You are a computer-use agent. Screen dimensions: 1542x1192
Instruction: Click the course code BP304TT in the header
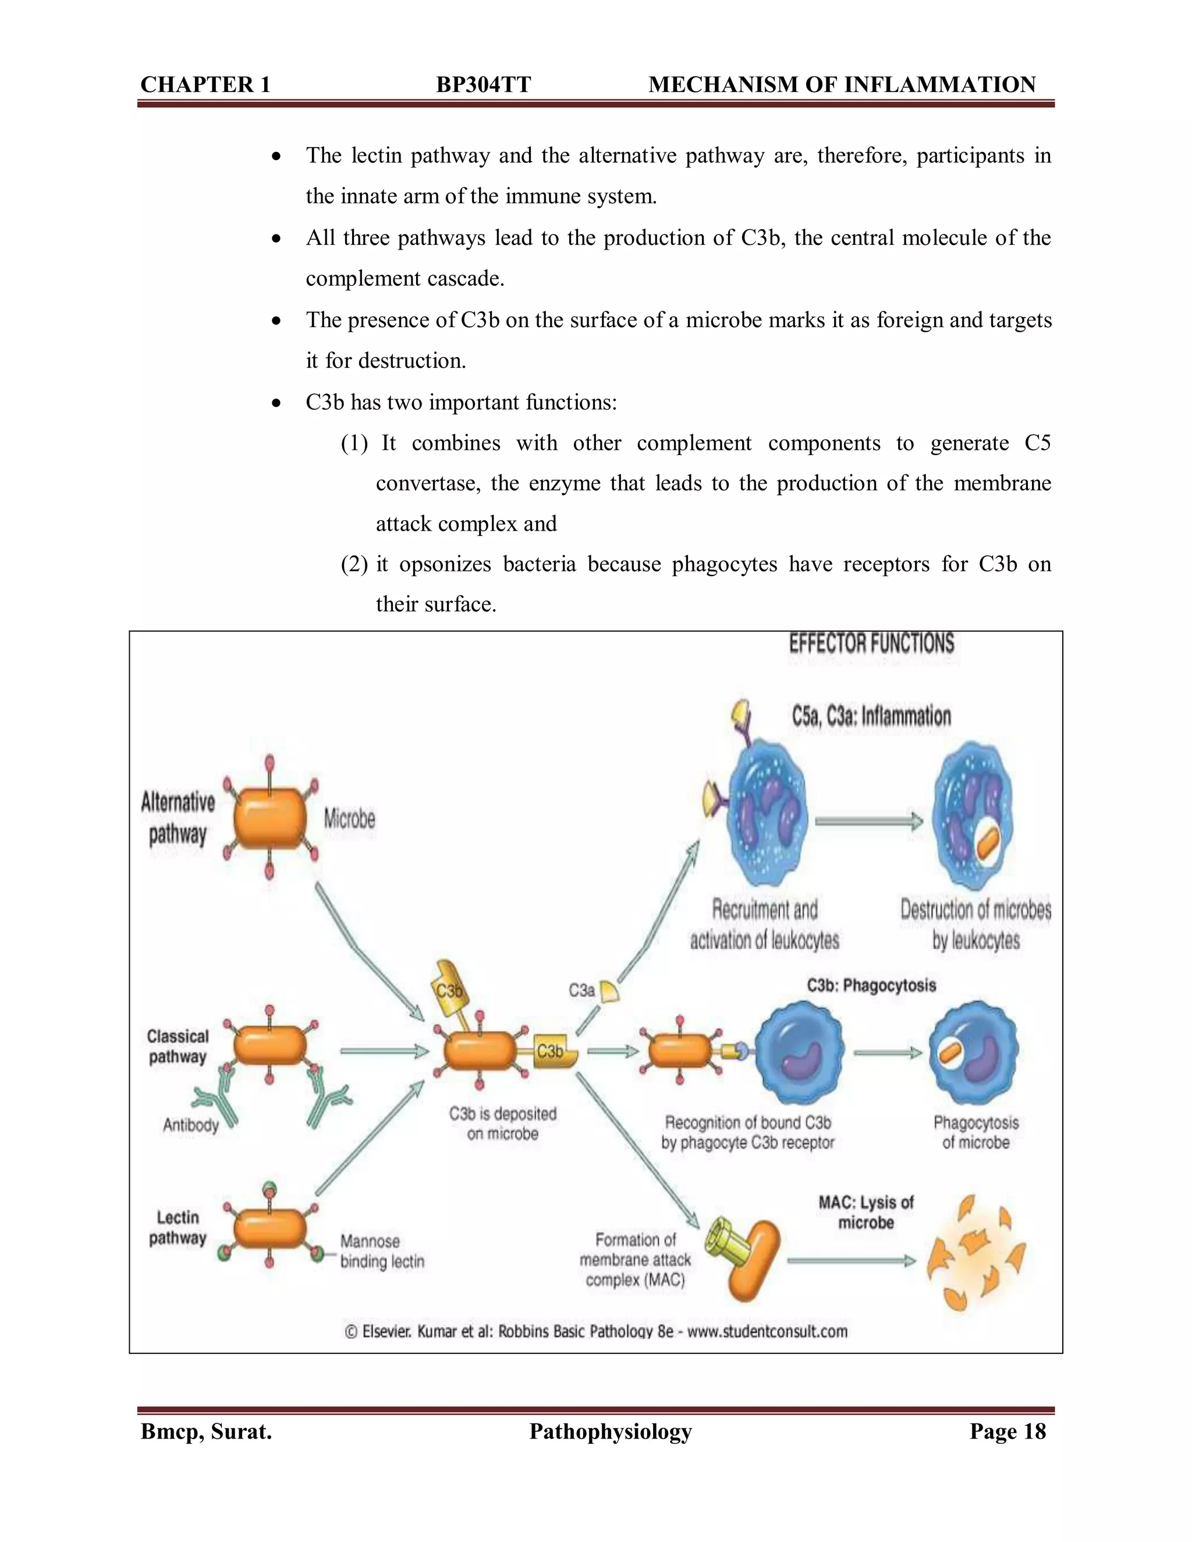[483, 85]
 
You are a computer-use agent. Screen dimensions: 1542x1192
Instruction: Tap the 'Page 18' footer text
[1007, 1431]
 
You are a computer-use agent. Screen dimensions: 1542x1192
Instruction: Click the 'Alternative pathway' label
[178, 818]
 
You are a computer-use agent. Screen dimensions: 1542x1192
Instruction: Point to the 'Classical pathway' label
[178, 1046]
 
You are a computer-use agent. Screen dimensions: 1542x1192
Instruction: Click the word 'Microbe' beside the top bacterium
[350, 819]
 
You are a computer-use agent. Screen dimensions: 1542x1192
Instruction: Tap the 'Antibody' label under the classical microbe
[191, 1125]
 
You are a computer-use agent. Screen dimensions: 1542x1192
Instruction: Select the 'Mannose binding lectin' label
[382, 1251]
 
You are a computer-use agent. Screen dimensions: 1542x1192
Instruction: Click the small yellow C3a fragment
[609, 992]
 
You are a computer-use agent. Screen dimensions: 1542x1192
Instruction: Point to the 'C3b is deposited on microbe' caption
[503, 1123]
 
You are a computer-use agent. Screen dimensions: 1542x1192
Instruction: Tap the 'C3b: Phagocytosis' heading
[871, 986]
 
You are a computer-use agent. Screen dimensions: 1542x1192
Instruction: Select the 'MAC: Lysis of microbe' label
[865, 1212]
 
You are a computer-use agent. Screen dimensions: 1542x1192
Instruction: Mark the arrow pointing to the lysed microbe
[851, 1261]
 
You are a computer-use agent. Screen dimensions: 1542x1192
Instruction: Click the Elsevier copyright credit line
[596, 1331]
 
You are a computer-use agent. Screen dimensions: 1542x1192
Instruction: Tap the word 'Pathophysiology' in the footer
[610, 1431]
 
